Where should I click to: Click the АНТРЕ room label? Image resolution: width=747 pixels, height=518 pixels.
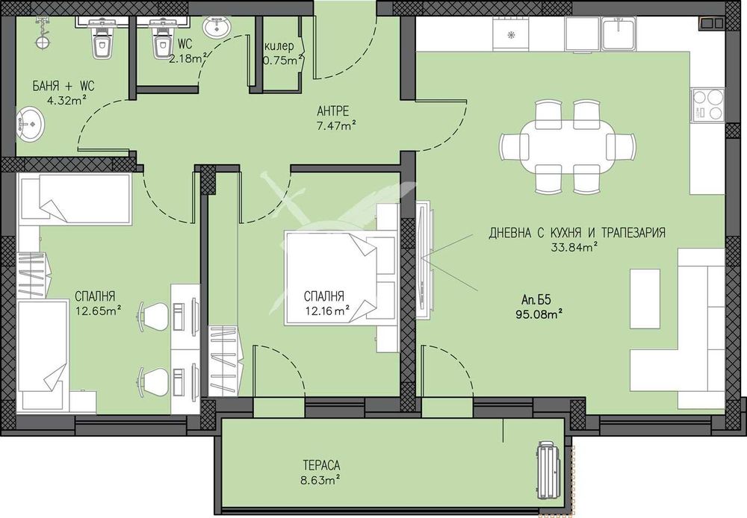click(333, 111)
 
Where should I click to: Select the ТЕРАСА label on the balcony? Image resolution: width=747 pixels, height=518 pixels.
click(321, 465)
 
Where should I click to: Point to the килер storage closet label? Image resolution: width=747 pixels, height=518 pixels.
click(279, 46)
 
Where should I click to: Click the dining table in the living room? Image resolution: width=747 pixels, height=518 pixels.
click(567, 147)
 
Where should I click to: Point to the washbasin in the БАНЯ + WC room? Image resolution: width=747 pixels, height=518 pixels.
click(30, 125)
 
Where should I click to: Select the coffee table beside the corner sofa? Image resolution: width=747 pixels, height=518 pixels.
click(645, 299)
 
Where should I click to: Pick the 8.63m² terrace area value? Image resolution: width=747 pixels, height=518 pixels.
click(320, 480)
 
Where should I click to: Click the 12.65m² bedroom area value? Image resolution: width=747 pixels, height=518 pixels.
click(98, 311)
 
